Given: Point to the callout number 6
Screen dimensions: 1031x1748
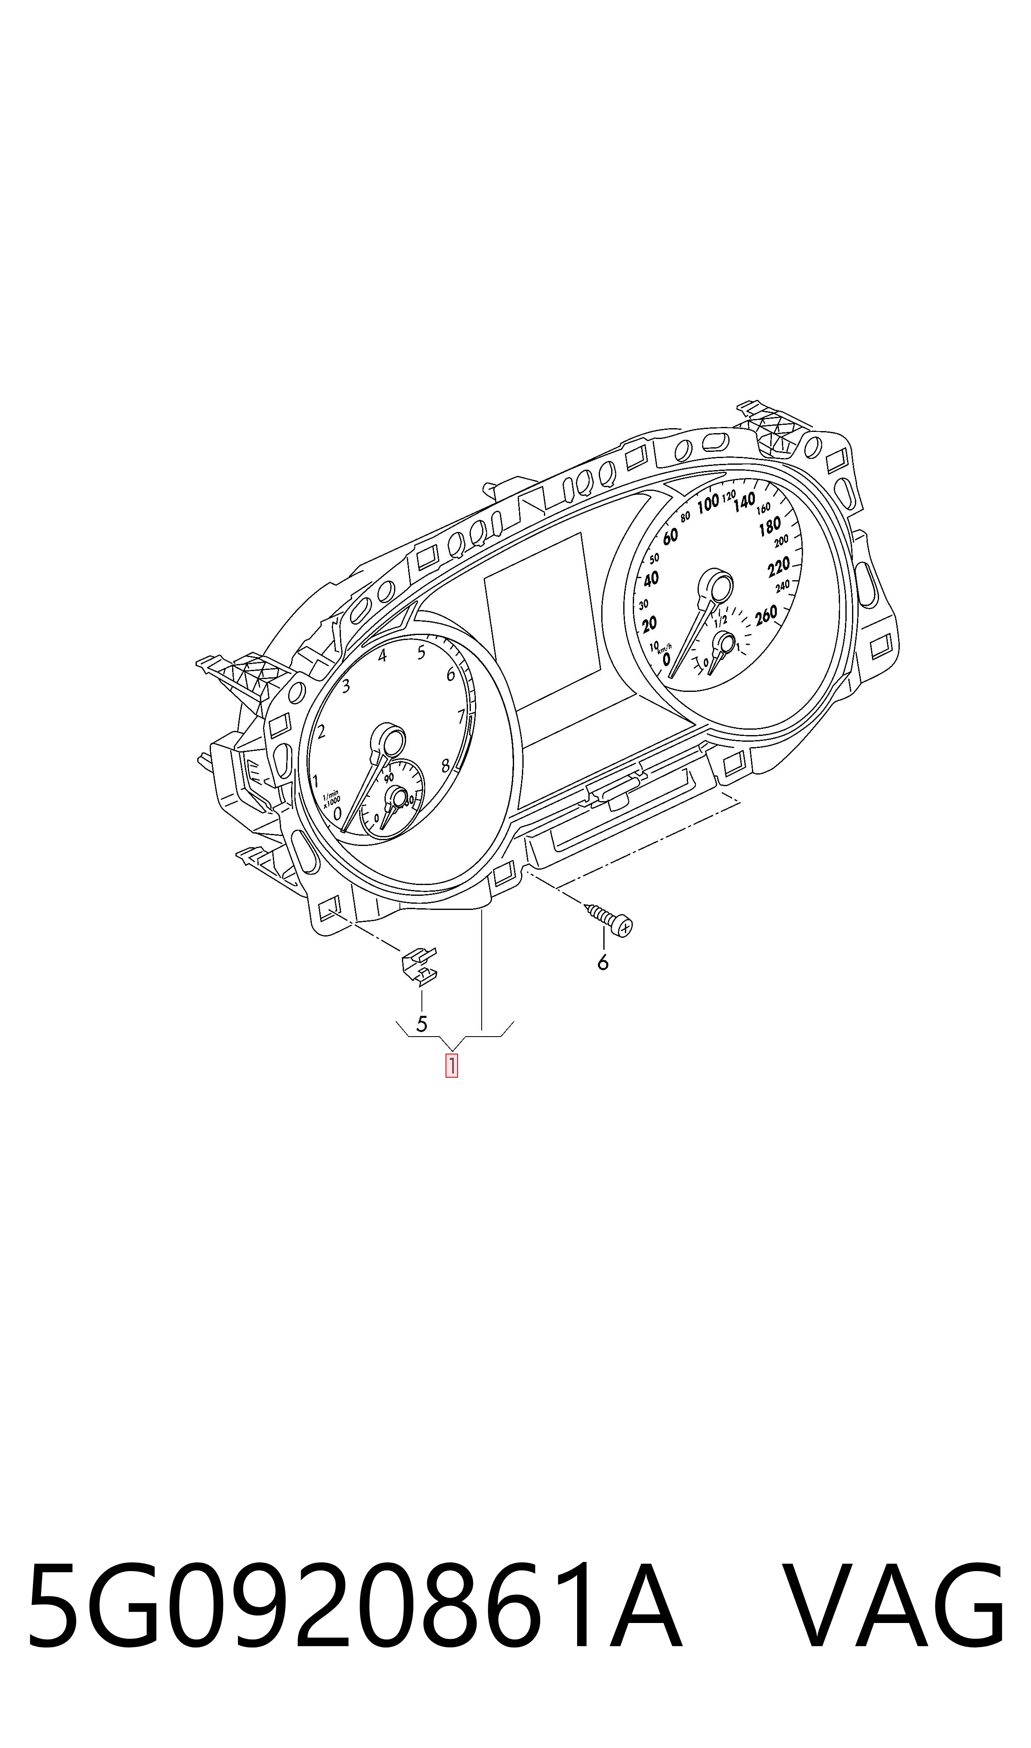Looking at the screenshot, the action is [603, 962].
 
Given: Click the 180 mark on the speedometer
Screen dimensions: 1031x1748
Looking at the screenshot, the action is [770, 527].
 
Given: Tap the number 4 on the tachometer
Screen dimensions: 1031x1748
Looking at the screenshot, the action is [382, 655].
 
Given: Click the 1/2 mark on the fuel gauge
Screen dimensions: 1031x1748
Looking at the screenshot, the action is [720, 620].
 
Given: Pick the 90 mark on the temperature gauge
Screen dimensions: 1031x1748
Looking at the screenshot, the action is [389, 777].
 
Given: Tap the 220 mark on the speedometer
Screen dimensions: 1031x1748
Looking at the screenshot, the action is [779, 568].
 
